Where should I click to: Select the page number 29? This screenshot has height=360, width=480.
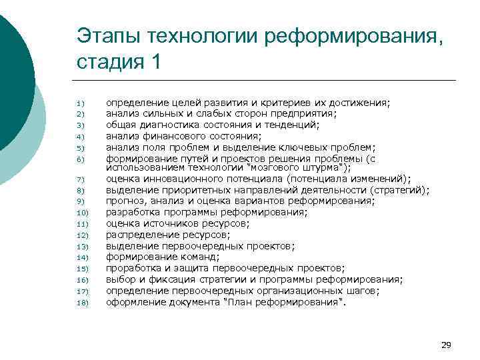pos(446,345)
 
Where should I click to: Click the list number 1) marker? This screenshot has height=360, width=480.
pos(79,103)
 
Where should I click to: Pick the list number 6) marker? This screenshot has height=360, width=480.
pos(79,159)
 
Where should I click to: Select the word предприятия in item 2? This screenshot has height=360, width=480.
pos(305,113)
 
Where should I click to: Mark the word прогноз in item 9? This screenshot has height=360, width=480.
pos(125,201)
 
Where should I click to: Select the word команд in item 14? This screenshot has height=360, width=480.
pos(199,257)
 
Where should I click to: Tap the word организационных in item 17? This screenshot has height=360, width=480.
pos(296,290)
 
